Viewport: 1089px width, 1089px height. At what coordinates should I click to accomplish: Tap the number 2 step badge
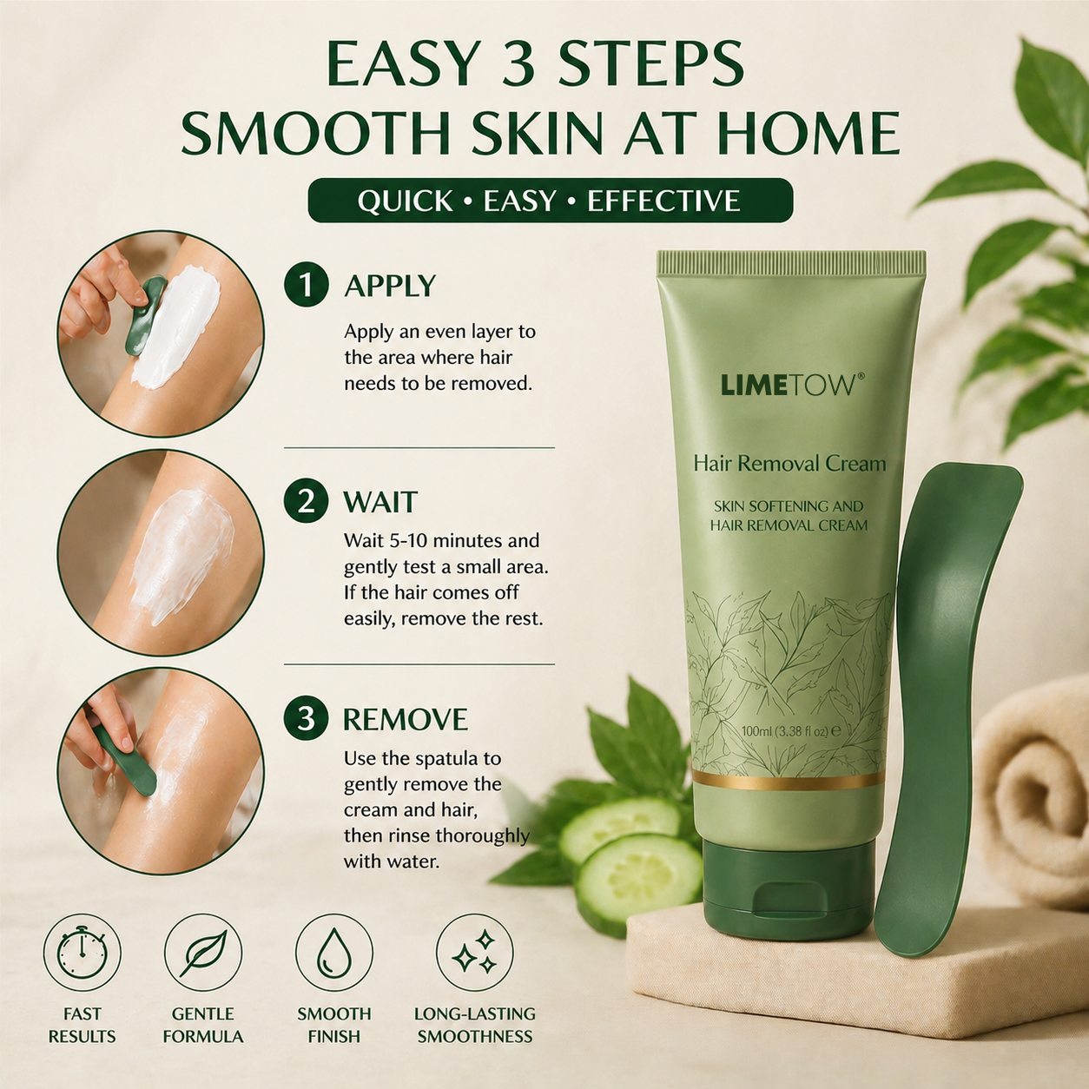point(306,501)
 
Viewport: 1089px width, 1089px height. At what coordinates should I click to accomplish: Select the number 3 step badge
point(306,719)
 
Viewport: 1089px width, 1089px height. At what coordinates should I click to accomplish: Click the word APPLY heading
point(390,286)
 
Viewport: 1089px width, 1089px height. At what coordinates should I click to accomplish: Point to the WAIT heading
point(379,502)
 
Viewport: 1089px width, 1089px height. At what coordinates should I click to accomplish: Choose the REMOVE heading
point(406,719)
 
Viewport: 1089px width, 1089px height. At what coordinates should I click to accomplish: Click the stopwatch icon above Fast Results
point(82,953)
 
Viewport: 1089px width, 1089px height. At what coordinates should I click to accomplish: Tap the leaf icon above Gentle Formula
point(203,953)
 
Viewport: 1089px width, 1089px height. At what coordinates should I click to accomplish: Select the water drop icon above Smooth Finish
point(334,953)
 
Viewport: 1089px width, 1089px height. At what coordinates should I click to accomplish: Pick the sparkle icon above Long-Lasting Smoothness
point(475,953)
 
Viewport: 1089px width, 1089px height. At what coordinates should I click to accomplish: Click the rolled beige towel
point(1033,791)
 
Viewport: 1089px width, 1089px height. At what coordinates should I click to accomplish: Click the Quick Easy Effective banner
point(550,201)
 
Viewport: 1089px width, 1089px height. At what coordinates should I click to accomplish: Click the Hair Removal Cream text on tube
point(789,464)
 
